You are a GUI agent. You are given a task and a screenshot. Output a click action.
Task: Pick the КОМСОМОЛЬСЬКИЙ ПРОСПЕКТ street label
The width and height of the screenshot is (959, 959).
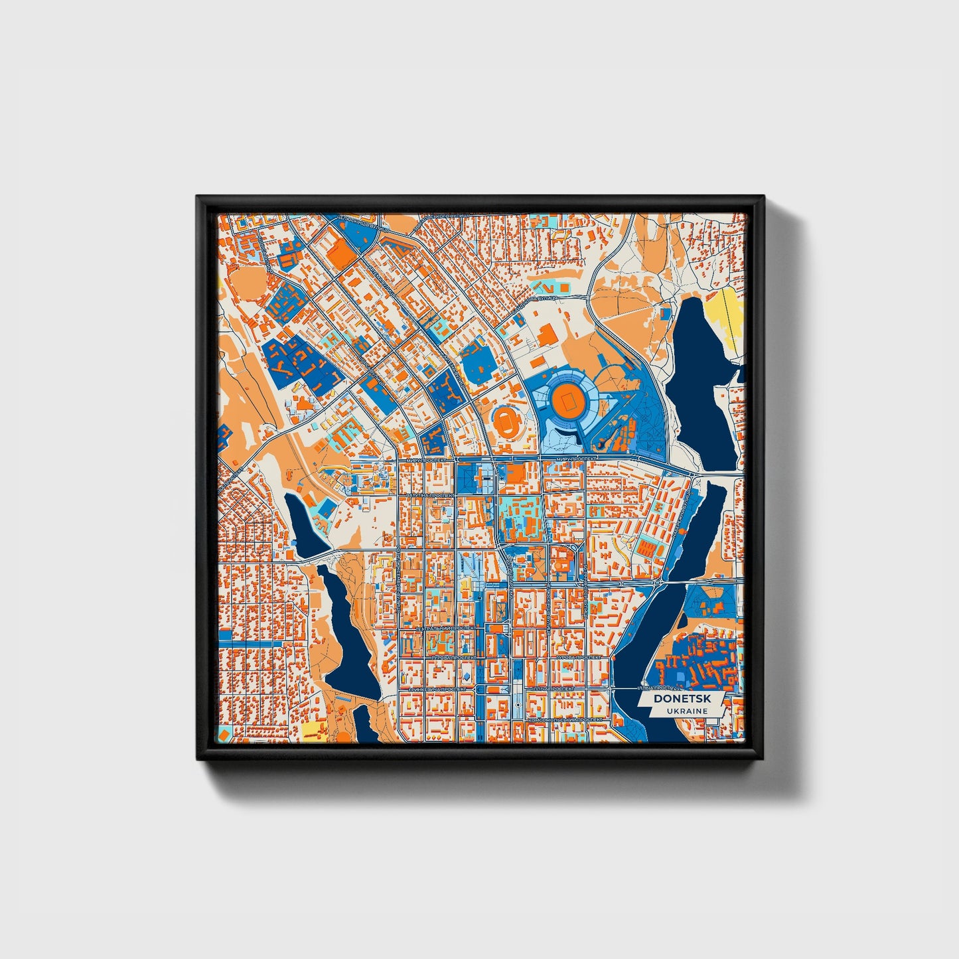tap(565, 719)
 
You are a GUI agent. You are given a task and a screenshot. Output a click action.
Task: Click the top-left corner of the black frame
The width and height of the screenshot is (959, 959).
tap(198, 196)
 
